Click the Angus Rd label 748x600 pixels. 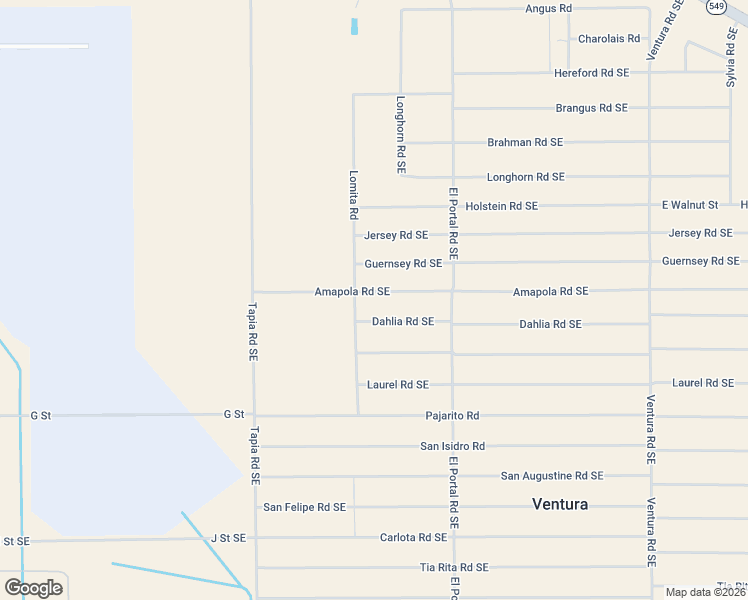(x=548, y=8)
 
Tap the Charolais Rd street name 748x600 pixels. (x=608, y=39)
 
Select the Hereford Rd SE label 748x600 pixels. (x=591, y=73)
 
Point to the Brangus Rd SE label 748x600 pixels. (x=591, y=108)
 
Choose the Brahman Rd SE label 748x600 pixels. (x=525, y=143)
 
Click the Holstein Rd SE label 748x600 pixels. (x=501, y=206)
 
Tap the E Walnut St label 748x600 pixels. (x=690, y=205)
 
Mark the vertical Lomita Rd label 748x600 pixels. (x=353, y=194)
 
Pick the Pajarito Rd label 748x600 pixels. (x=452, y=416)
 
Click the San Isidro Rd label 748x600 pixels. (x=452, y=446)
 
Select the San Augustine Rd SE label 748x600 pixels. (x=552, y=476)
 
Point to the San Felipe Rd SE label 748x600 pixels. (x=304, y=507)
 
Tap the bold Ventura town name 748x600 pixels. (x=560, y=504)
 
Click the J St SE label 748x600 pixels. (x=228, y=537)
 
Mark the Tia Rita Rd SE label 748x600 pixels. (x=454, y=567)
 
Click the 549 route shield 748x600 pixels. (x=715, y=7)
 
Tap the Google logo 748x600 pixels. (x=33, y=587)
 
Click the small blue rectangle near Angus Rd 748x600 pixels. (x=354, y=27)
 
